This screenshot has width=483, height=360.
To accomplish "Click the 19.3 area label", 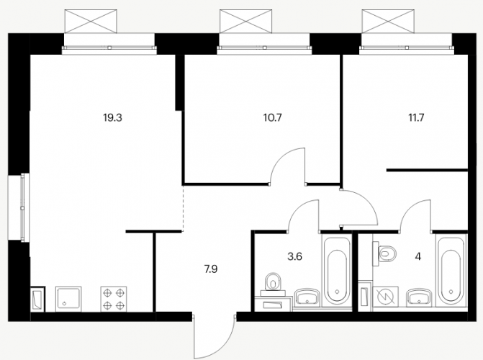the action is click(113, 118).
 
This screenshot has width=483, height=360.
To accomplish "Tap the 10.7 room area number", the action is click(273, 118).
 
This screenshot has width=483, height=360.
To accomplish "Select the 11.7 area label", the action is click(417, 118).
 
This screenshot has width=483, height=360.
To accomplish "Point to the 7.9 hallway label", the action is click(211, 269).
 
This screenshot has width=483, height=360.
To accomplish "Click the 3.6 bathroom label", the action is click(295, 256).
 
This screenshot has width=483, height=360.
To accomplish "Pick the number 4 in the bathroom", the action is click(418, 256).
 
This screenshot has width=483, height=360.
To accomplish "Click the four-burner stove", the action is click(114, 299).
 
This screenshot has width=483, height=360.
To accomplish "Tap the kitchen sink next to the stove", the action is click(68, 299).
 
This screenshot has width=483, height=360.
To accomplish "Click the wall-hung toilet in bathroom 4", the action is click(384, 253).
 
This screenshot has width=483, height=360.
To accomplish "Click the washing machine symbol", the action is click(385, 297).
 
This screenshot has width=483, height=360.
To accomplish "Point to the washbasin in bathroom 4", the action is click(419, 298).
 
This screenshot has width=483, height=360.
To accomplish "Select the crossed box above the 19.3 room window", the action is click(91, 21).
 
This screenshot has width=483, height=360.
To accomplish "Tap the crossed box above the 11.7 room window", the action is click(388, 21).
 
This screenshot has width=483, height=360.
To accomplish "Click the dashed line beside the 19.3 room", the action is click(183, 208).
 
